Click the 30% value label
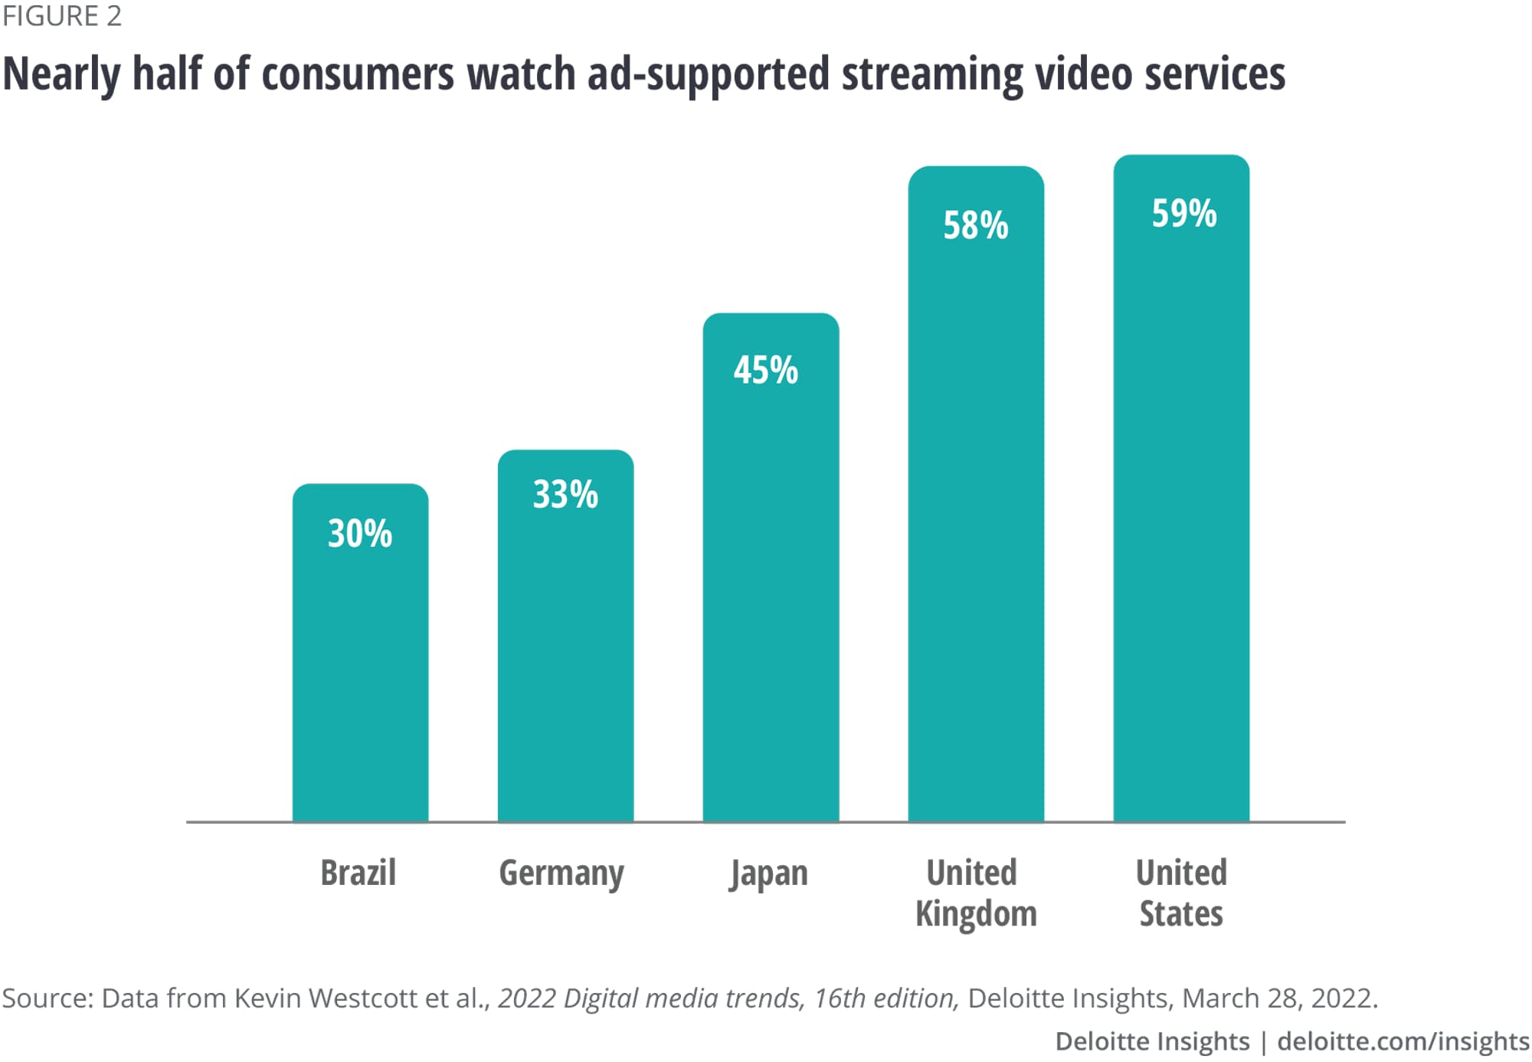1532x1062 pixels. tap(360, 533)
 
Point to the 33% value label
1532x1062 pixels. tap(565, 494)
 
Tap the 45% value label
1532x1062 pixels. tap(766, 370)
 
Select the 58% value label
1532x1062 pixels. tap(976, 225)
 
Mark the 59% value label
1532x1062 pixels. tap(1184, 213)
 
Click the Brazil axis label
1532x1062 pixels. tap(358, 873)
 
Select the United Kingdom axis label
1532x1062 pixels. tap(974, 893)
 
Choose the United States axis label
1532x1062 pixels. tap(1181, 893)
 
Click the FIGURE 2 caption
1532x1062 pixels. tap(61, 16)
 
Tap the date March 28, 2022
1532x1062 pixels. tap(1279, 998)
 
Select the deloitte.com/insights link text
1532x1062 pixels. tap(1403, 1041)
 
